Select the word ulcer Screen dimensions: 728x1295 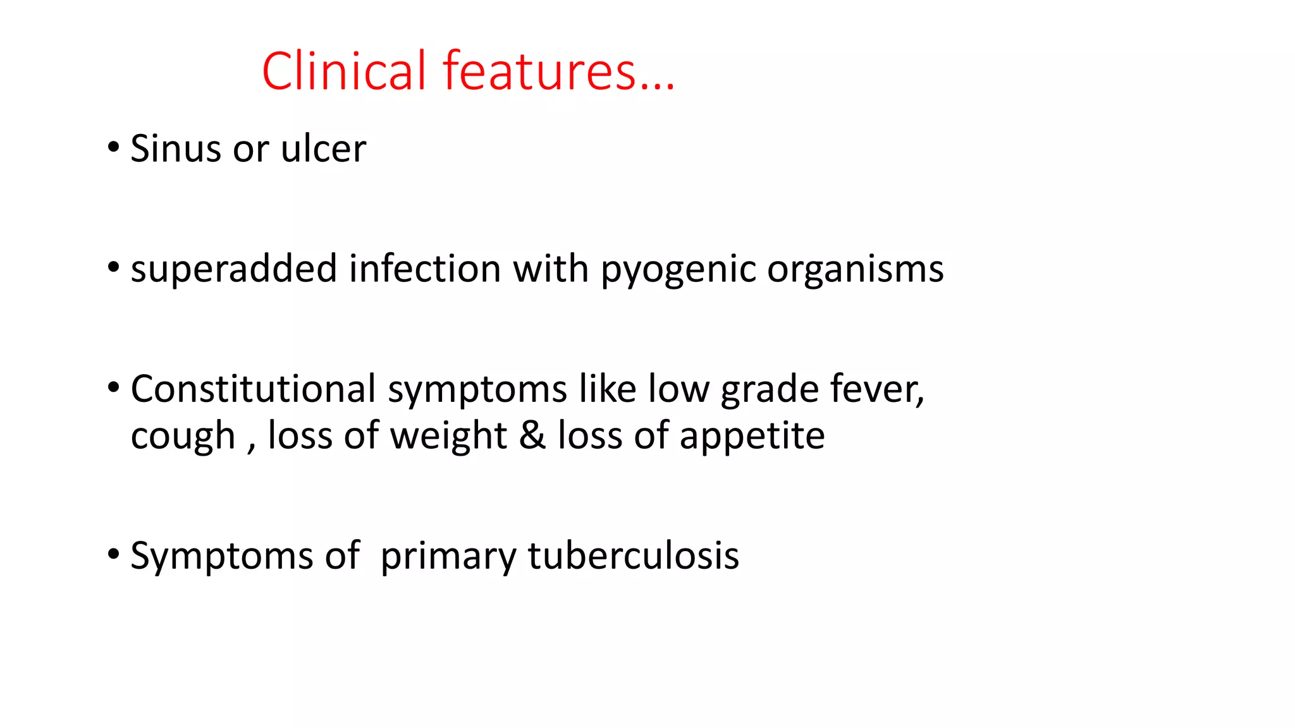click(x=323, y=149)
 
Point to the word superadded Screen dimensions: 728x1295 click(x=233, y=269)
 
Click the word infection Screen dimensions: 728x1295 click(x=424, y=269)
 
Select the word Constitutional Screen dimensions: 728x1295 click(x=253, y=389)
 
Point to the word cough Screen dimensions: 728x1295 click(x=183, y=436)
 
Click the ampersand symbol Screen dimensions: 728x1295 click(x=532, y=436)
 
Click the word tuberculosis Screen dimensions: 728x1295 click(x=633, y=555)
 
